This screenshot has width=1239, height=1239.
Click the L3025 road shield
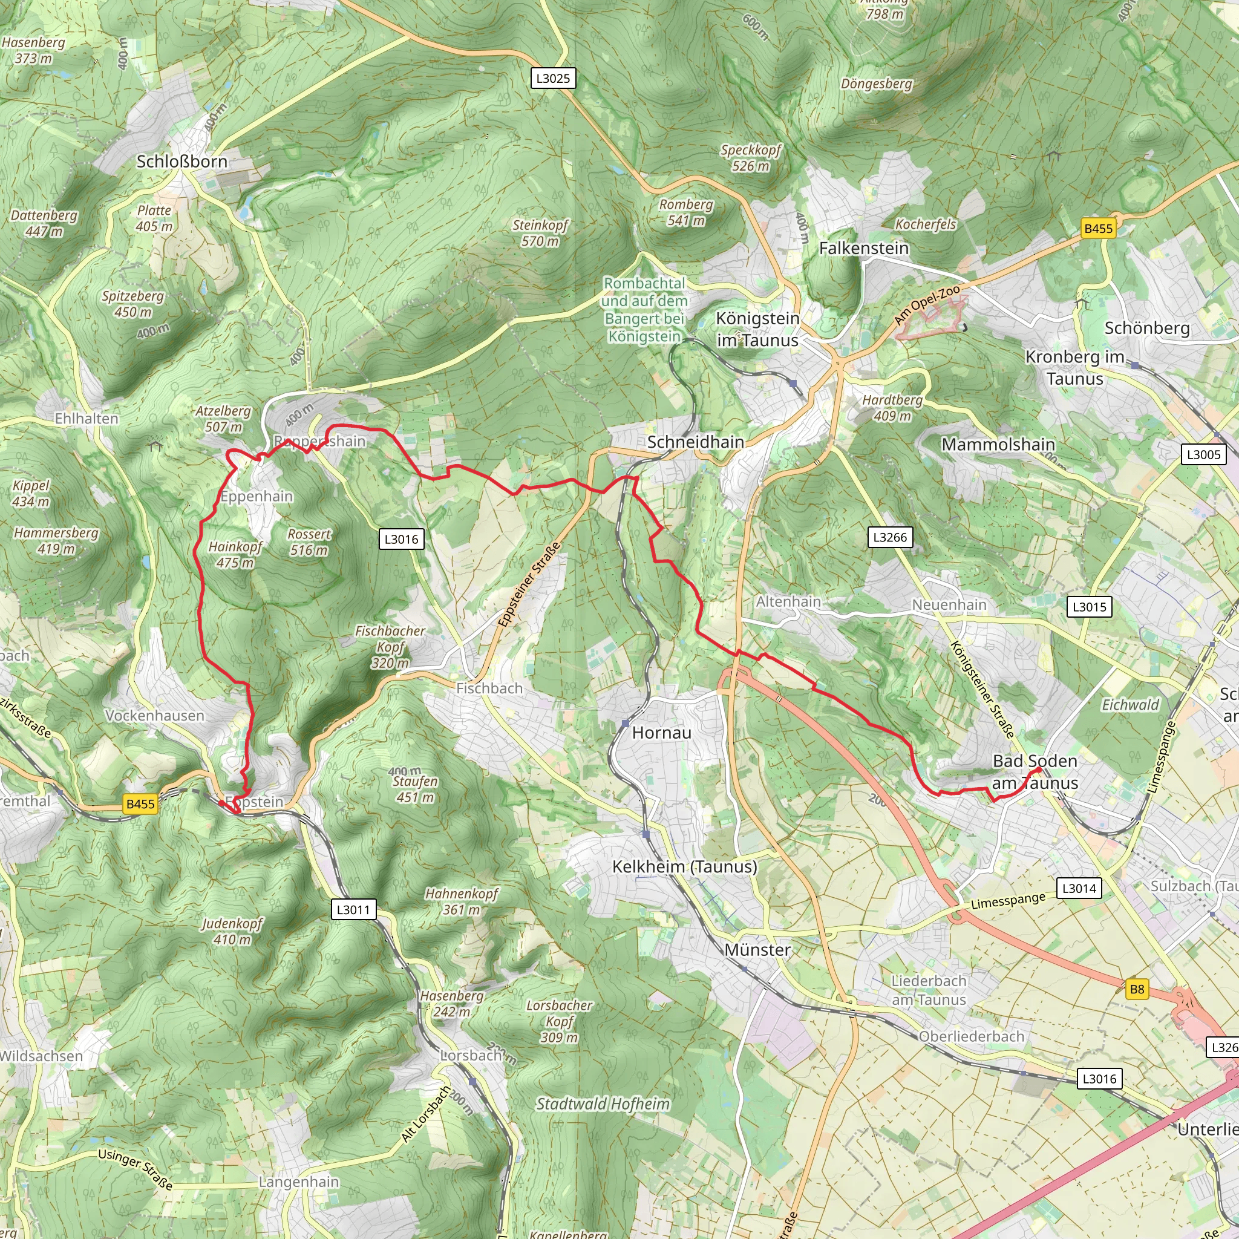[553, 78]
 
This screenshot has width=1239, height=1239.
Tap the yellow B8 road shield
[1136, 989]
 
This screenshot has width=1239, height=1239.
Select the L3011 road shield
[353, 909]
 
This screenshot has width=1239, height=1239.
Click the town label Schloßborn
[181, 162]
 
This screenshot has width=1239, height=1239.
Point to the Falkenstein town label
[863, 248]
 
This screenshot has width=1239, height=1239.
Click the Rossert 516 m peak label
[309, 542]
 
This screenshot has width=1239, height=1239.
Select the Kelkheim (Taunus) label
[684, 866]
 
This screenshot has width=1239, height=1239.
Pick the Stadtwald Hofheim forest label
[603, 1103]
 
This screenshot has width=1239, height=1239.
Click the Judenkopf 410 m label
[232, 931]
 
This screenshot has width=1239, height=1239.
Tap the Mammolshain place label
[998, 445]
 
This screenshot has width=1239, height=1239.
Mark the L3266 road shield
[890, 537]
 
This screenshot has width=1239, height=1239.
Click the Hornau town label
[661, 733]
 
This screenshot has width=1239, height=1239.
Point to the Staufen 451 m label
[415, 789]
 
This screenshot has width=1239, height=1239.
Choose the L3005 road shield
[1203, 455]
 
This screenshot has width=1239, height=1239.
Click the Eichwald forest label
[1130, 705]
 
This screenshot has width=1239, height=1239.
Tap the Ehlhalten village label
[87, 419]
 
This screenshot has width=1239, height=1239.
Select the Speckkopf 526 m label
[750, 158]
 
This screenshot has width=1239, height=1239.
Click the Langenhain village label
[299, 1182]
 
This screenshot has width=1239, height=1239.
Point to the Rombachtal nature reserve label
[644, 310]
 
